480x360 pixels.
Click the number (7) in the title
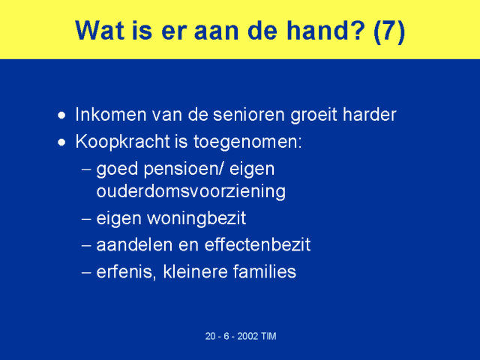pyautogui.click(x=389, y=31)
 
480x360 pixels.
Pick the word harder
pyautogui.click(x=370, y=115)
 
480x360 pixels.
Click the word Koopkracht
pyautogui.click(x=122, y=142)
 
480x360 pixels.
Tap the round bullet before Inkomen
pyautogui.click(x=61, y=115)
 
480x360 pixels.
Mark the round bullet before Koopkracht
pyautogui.click(x=61, y=142)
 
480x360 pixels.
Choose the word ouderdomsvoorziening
pyautogui.click(x=191, y=192)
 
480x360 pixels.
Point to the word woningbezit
pyautogui.click(x=196, y=219)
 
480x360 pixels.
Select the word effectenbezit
pyautogui.click(x=257, y=245)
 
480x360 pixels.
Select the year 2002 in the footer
pyautogui.click(x=247, y=336)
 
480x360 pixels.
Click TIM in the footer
pyautogui.click(x=268, y=336)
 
